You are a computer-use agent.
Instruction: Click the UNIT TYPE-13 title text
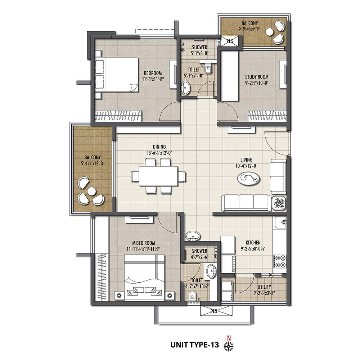coord(195,345)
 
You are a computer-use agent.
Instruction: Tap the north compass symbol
coord(229,346)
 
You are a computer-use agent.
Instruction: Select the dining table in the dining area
coord(158,176)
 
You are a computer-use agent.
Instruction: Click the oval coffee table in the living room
coord(249,178)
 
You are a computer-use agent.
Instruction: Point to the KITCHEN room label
coord(253,243)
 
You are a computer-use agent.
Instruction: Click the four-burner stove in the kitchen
coord(280,261)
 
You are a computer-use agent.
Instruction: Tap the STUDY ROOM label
coord(257,77)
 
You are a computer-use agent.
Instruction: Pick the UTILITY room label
coord(264,287)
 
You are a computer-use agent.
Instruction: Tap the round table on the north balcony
coord(269,32)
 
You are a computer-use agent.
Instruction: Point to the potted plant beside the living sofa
coord(279,203)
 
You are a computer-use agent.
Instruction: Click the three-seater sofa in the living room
coord(246,203)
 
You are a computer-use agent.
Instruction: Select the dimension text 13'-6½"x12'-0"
coord(159,153)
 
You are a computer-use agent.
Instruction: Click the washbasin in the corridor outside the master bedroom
coord(193,236)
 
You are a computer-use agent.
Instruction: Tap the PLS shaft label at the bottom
coord(214,311)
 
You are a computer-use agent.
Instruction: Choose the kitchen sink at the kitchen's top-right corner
coord(280,222)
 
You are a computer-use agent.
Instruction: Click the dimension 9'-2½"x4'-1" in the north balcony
coord(249,29)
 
